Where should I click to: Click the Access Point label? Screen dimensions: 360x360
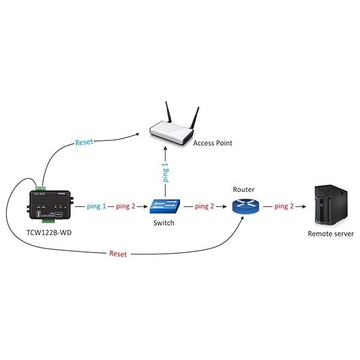(212, 143)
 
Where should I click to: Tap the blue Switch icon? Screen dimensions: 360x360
(164, 206)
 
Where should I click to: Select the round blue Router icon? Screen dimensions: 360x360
(245, 205)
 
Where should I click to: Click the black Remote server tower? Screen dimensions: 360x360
(331, 205)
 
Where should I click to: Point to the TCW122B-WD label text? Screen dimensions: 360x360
(49, 233)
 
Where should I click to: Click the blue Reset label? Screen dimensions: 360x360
(84, 142)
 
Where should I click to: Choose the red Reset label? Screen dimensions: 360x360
(118, 254)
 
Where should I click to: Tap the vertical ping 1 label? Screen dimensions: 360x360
(166, 172)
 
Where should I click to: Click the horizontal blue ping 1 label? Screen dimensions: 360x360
(97, 206)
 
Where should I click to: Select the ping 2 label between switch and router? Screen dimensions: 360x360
(205, 206)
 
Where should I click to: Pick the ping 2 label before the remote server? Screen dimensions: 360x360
(284, 206)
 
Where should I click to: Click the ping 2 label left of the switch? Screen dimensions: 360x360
(125, 206)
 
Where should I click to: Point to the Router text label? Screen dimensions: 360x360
(244, 190)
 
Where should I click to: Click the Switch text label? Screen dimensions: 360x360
(164, 223)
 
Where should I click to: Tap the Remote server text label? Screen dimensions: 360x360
(331, 234)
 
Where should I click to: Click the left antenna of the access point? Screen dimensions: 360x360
(169, 112)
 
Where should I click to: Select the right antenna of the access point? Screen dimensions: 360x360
(194, 118)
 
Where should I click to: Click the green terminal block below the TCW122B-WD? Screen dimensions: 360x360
(48, 221)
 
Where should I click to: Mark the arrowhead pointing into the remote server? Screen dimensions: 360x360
(304, 206)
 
